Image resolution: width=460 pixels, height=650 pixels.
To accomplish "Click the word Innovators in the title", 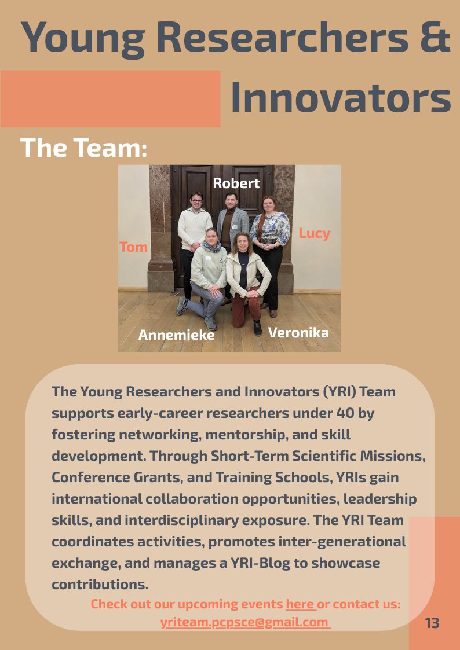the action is click(341, 97).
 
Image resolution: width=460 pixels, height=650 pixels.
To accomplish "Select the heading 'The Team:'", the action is click(84, 148).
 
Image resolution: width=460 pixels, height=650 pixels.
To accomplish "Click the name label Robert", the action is click(236, 183).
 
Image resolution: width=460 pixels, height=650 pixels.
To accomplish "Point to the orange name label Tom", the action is click(134, 247).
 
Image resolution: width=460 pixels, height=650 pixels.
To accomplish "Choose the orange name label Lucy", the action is click(315, 233).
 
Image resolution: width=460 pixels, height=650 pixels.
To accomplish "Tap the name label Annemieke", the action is click(176, 335).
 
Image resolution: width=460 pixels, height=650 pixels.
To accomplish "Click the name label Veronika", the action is click(298, 333).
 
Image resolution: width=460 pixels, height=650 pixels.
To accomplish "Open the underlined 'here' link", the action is click(300, 604).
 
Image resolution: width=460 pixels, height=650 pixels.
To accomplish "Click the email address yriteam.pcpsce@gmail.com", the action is click(244, 623).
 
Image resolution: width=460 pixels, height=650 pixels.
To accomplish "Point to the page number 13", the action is click(432, 623).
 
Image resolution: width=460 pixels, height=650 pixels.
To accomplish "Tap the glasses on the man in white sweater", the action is click(196, 201).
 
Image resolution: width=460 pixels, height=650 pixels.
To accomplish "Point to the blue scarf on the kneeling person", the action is click(212, 246).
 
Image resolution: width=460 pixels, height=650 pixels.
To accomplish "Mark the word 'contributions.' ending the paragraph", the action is click(100, 585).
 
